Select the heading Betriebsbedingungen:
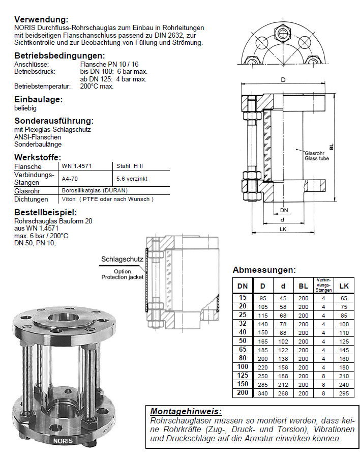coord(59,55)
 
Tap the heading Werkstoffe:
coord(38,157)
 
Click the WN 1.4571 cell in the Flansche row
coord(73,166)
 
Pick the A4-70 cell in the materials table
coord(70,179)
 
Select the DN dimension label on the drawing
coord(284,210)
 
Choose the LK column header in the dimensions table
coord(344,286)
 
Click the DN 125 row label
coord(243,376)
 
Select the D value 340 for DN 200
coord(263,393)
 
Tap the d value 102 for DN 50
coord(283,340)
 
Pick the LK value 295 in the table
coord(344,393)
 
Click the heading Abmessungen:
coord(264,270)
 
